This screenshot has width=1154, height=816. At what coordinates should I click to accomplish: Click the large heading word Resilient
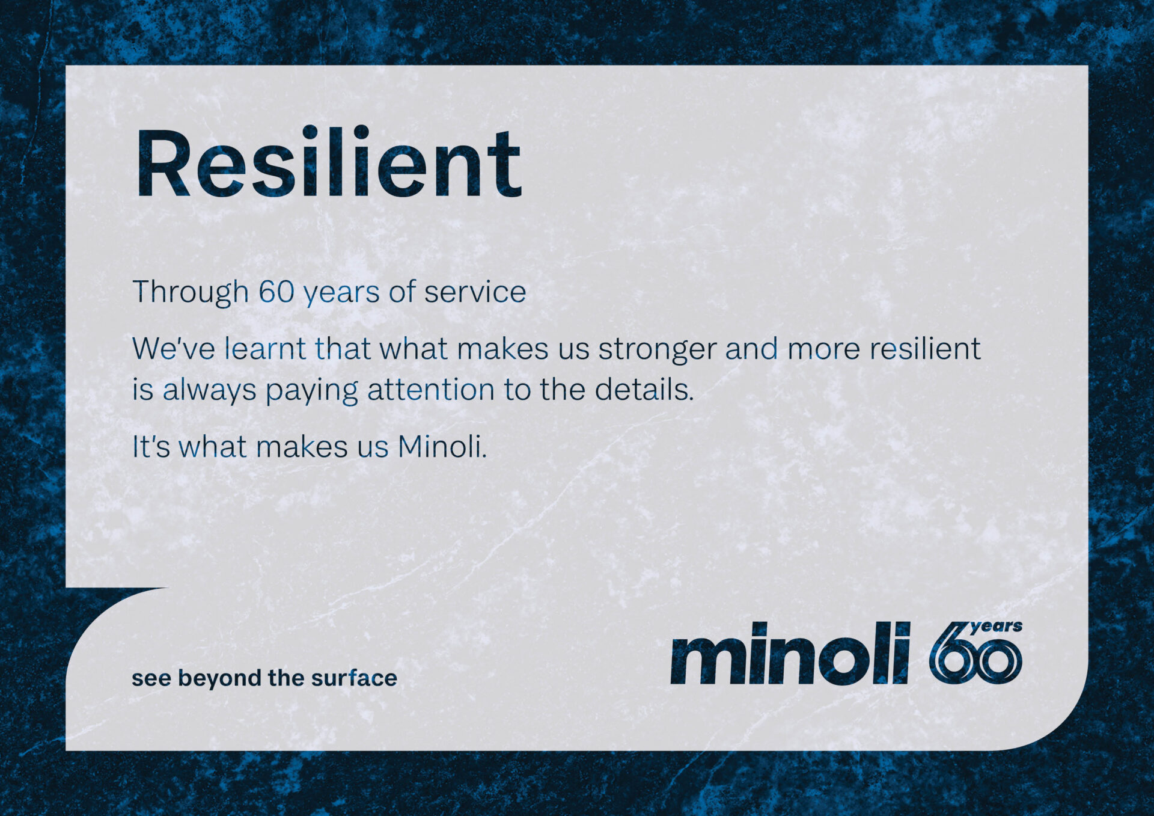(x=328, y=162)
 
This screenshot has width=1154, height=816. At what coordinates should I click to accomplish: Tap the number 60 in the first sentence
(x=276, y=292)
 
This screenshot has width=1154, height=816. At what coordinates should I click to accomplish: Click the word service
(x=475, y=293)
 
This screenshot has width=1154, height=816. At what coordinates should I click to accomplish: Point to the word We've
(x=173, y=349)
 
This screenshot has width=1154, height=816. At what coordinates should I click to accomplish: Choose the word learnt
(x=265, y=349)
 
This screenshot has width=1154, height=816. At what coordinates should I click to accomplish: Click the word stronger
(x=657, y=351)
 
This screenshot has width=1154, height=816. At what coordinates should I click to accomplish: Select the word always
(x=209, y=391)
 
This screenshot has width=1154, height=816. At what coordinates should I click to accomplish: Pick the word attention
(x=431, y=390)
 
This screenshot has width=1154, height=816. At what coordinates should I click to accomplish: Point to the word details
(x=644, y=390)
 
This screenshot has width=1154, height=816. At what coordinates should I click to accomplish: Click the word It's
(x=151, y=447)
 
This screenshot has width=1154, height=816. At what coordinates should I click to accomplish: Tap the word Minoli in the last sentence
(x=442, y=447)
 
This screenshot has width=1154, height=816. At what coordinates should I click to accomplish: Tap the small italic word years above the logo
(x=996, y=627)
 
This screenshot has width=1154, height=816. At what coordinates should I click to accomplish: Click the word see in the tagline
(x=151, y=679)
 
